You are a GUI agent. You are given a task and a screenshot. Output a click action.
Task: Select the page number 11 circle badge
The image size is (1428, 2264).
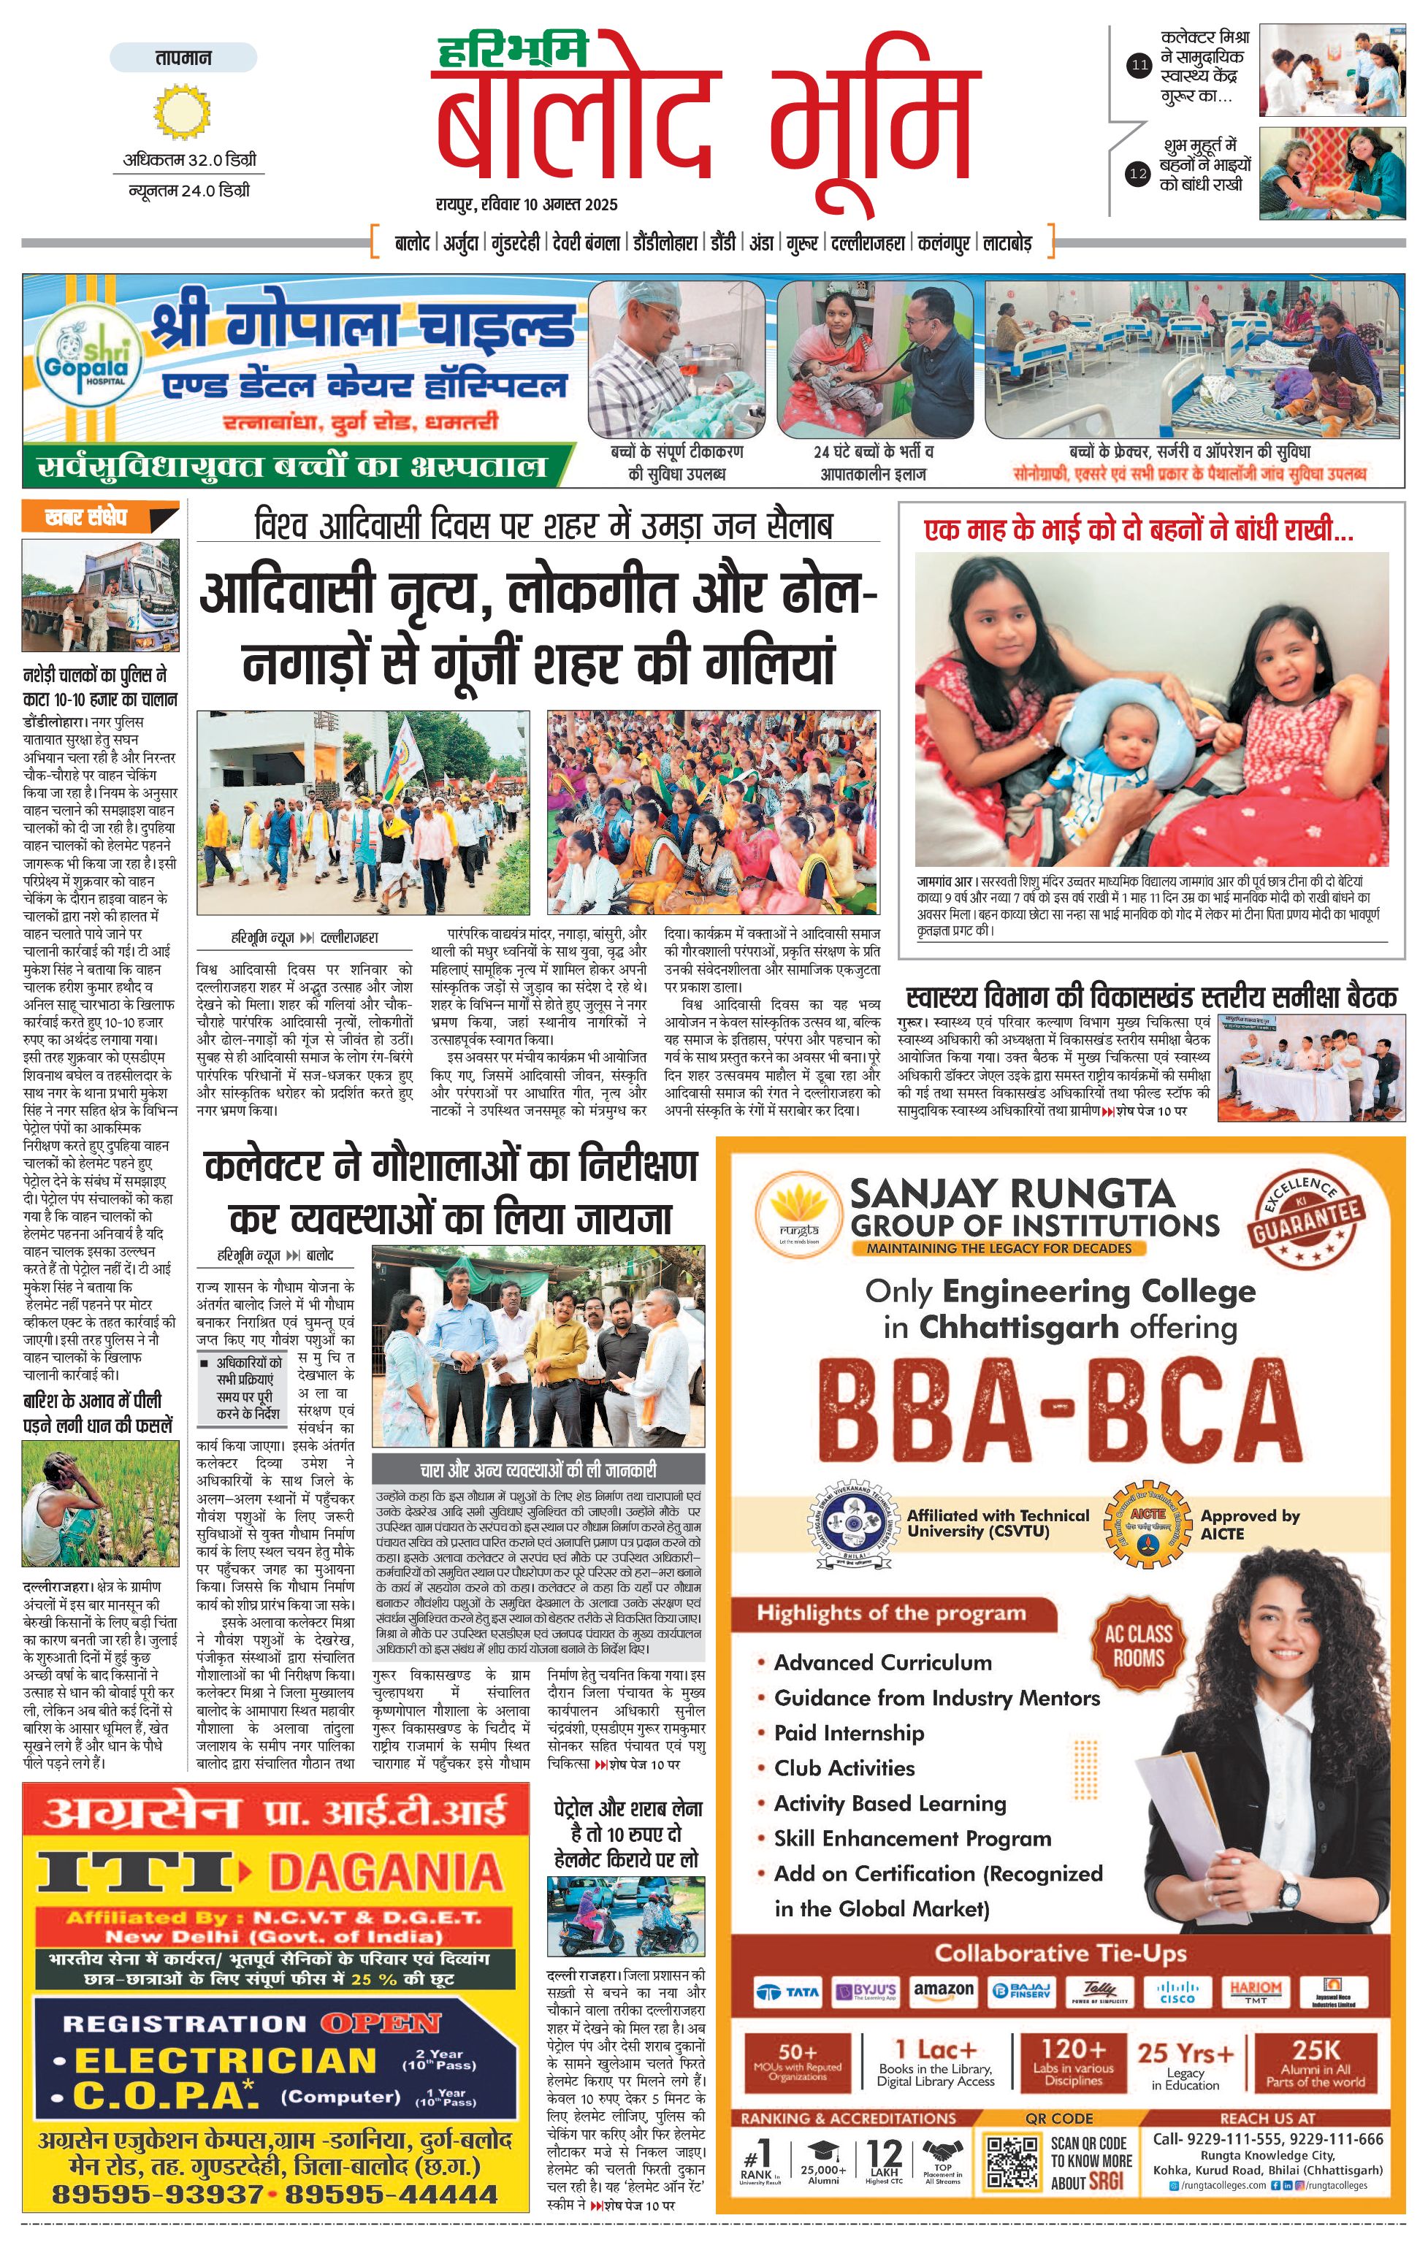pos(1139,66)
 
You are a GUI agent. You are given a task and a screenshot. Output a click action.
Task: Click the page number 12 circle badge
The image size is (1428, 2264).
pos(1139,173)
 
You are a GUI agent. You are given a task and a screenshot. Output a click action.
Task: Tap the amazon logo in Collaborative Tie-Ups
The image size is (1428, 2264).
pos(943,1990)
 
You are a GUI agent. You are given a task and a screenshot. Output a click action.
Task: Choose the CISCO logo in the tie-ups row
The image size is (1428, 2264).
pos(1176,1992)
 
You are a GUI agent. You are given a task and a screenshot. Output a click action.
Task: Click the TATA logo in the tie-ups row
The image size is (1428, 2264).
pos(789,1992)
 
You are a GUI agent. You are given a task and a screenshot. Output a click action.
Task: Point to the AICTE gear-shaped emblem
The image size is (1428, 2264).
pos(1147,1525)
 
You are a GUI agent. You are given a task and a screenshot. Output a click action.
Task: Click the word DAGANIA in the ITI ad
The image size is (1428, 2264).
pos(386,1872)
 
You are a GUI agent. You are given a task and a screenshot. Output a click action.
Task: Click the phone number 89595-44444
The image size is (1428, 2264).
pos(391,2195)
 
